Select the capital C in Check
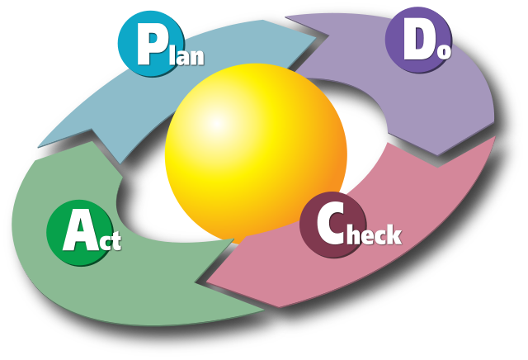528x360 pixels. point(329,225)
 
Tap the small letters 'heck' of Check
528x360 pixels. point(373,234)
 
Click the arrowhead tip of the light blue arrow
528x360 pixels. point(317,37)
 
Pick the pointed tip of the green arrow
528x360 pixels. point(38,149)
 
